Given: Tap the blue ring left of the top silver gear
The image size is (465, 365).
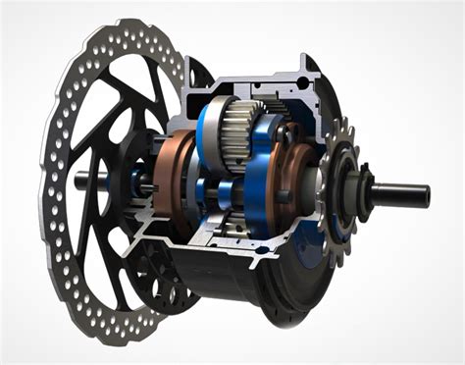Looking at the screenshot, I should (209, 123).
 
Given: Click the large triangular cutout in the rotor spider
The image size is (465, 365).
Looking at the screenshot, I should (98, 113).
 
